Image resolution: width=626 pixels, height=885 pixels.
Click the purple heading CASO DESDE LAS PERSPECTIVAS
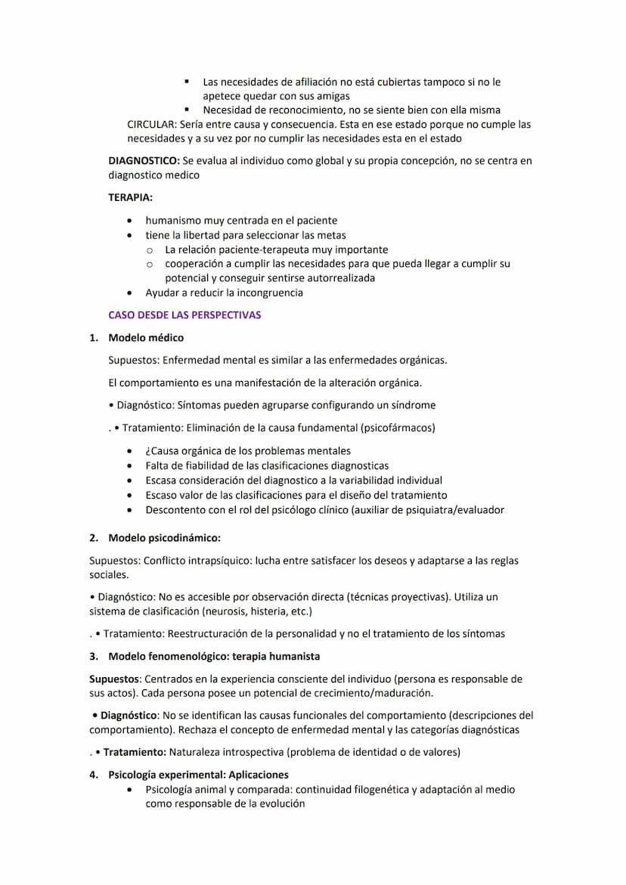click(184, 315)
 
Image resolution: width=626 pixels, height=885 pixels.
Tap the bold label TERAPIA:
click(130, 197)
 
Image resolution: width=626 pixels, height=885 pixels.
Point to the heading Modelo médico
click(146, 338)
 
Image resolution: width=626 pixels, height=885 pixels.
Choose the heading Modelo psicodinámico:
click(164, 538)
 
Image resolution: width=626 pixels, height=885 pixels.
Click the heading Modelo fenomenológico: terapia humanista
click(214, 656)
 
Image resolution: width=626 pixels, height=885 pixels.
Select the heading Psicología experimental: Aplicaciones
click(198, 775)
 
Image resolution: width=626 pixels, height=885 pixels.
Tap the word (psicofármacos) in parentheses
click(398, 428)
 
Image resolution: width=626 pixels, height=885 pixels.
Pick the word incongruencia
click(265, 292)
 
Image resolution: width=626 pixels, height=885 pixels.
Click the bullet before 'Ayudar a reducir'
click(132, 292)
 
